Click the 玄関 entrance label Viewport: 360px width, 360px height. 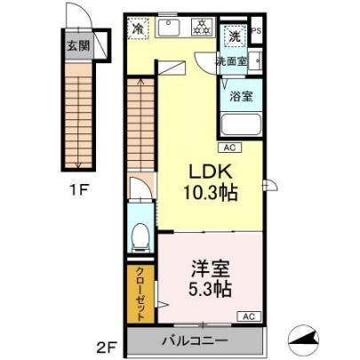[78, 46]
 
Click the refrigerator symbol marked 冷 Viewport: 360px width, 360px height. [138, 28]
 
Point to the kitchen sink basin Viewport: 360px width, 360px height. [167, 28]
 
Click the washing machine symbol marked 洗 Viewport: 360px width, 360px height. [235, 36]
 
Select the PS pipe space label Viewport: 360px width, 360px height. [256, 31]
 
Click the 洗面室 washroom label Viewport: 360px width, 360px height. [231, 61]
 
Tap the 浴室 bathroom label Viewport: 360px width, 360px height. [241, 96]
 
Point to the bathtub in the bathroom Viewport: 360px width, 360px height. [241, 124]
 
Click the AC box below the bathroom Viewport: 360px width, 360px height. [230, 148]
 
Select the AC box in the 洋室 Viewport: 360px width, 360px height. [249, 316]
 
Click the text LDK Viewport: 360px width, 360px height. [211, 172]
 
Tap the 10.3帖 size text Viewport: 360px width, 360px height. [211, 193]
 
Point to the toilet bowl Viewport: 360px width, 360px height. [140, 236]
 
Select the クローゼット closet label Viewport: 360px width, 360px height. [140, 293]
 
